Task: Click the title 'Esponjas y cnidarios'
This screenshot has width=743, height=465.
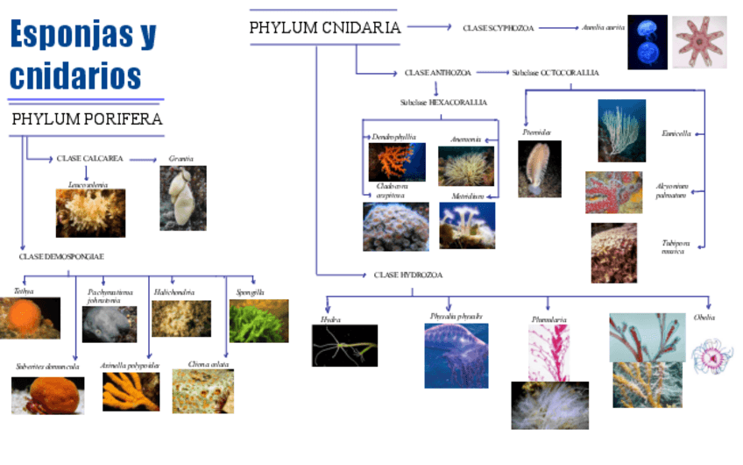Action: [x=83, y=54]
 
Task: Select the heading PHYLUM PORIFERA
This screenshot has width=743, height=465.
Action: [x=87, y=119]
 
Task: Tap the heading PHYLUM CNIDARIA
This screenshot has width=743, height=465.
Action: [x=324, y=27]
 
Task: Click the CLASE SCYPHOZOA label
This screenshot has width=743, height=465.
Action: [x=498, y=28]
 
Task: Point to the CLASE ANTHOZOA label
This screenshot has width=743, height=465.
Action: [x=437, y=72]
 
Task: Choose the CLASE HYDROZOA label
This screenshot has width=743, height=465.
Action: [x=407, y=275]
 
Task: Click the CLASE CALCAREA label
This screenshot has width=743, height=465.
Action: [x=89, y=159]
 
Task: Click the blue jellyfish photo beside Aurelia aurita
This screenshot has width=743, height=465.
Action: [x=647, y=41]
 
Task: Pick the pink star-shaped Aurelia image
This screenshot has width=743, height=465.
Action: [x=699, y=41]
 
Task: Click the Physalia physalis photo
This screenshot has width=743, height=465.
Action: [x=456, y=355]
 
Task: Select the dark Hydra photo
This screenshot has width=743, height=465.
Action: [x=344, y=345]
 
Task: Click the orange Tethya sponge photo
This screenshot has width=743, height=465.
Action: [x=30, y=318]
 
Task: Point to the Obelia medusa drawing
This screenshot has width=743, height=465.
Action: [x=711, y=357]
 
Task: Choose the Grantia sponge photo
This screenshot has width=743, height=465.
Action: [x=182, y=198]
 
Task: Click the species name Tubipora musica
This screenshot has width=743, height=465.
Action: [x=675, y=247]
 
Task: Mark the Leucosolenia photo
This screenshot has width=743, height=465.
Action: [x=90, y=213]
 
